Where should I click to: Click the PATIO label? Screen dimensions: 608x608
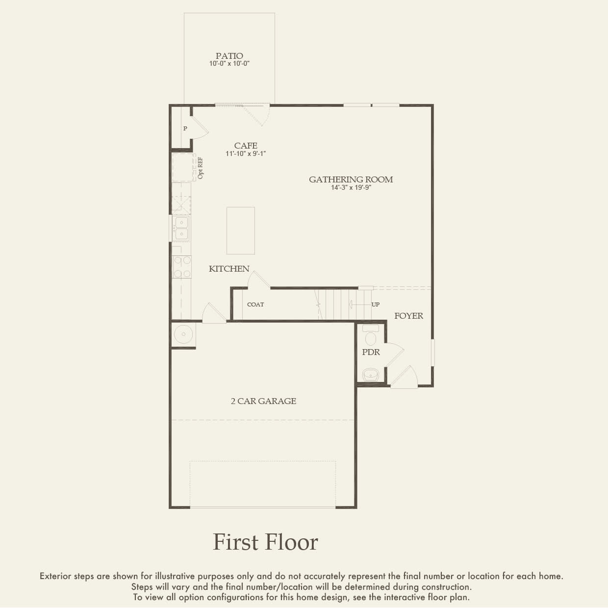[229, 56]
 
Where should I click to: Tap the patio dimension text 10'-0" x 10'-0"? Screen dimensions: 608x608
[229, 64]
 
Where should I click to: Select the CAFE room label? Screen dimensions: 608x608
[246, 146]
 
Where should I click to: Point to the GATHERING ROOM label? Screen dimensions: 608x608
[351, 179]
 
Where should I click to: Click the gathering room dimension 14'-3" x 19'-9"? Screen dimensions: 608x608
[351, 187]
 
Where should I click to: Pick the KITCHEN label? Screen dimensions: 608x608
[229, 269]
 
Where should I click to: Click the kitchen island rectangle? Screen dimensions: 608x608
[240, 230]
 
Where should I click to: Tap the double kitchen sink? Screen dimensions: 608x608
[181, 229]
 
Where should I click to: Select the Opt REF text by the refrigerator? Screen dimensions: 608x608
[201, 168]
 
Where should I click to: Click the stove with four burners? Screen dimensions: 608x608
[181, 267]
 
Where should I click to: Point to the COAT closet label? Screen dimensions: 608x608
[255, 304]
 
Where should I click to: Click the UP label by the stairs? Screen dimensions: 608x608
[375, 304]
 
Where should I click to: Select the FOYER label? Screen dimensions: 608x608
[408, 316]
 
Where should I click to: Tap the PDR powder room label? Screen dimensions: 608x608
[371, 352]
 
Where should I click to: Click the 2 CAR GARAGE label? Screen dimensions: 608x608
[263, 401]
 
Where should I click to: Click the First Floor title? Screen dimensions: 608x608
[265, 542]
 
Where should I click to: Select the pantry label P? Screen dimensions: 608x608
[185, 128]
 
